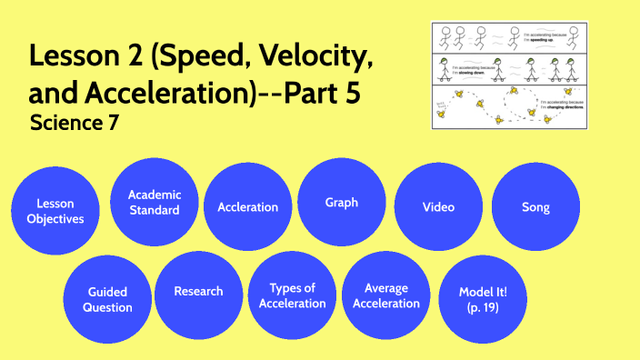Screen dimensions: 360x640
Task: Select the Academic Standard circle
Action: tap(154, 202)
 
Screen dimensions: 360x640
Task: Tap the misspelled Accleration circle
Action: tap(248, 207)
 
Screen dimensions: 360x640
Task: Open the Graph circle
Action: tap(342, 202)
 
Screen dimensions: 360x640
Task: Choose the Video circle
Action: tap(438, 207)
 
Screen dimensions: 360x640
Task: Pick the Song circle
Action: tap(535, 207)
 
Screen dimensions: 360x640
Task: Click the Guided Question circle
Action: tap(108, 299)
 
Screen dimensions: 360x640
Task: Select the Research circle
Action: tap(198, 292)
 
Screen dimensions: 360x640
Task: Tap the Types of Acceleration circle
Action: tap(292, 295)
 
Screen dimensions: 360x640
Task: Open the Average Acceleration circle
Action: tap(386, 295)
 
